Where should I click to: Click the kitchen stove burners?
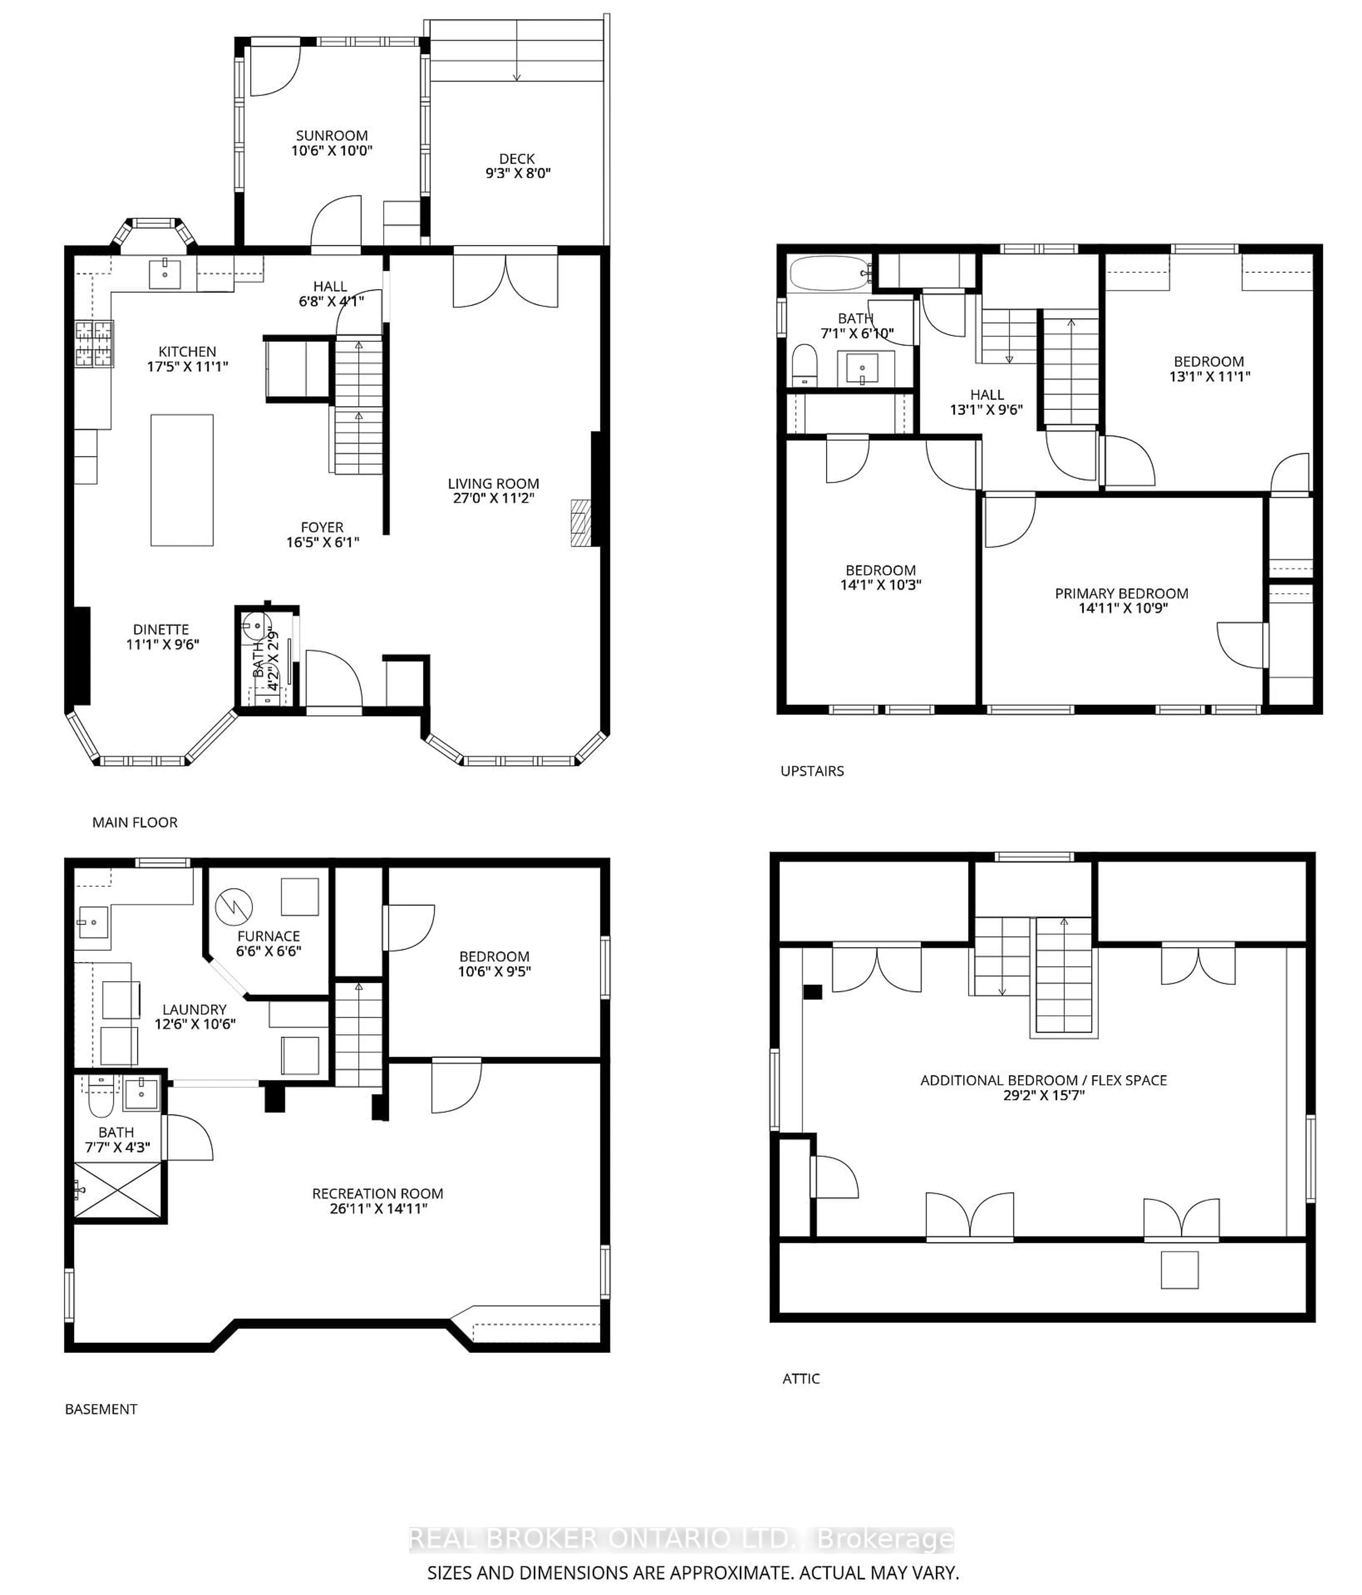(94, 343)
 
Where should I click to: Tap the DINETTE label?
(161, 630)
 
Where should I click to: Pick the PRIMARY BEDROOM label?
(1121, 594)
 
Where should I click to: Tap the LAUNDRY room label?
(194, 1009)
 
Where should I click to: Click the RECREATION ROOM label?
(377, 1194)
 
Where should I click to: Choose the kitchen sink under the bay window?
(164, 273)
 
